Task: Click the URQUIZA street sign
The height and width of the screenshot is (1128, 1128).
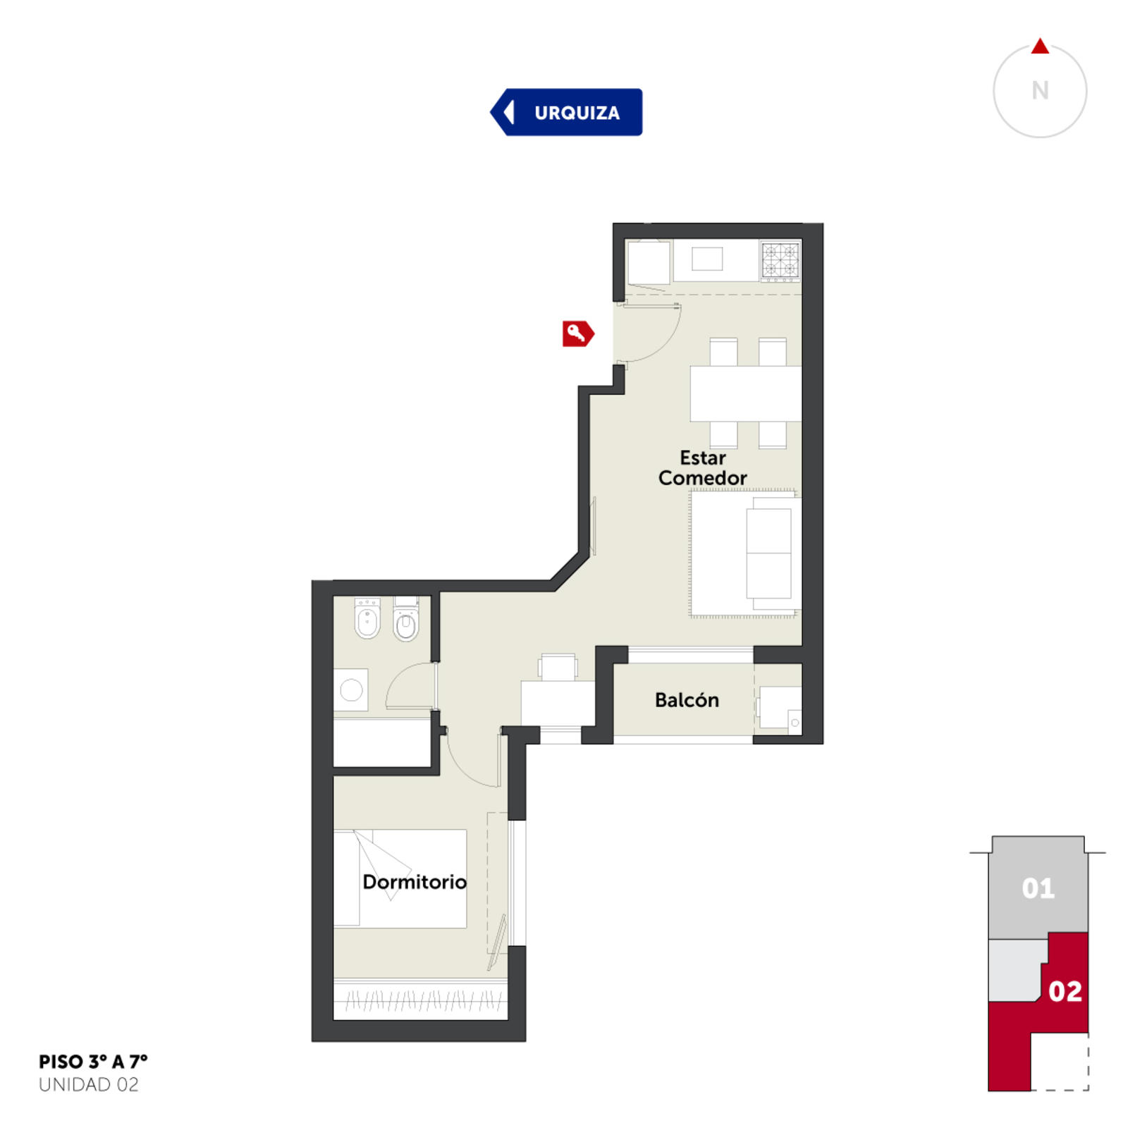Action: pyautogui.click(x=566, y=112)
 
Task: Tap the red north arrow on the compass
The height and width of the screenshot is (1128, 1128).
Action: pyautogui.click(x=1040, y=47)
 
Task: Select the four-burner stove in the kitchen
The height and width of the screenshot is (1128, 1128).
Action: pyautogui.click(x=780, y=259)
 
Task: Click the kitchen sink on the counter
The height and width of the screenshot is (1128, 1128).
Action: pyautogui.click(x=707, y=259)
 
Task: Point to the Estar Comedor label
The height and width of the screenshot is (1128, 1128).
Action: pyautogui.click(x=702, y=467)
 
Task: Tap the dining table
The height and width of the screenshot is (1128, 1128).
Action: pyautogui.click(x=745, y=394)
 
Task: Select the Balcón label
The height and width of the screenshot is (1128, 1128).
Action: pyautogui.click(x=687, y=700)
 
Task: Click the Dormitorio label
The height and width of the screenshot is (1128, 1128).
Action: pyautogui.click(x=415, y=882)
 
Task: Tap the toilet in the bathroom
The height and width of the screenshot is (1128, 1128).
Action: pyautogui.click(x=406, y=618)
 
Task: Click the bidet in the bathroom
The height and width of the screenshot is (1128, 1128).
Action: pyautogui.click(x=367, y=618)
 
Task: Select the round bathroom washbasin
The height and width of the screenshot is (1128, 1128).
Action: pyautogui.click(x=351, y=689)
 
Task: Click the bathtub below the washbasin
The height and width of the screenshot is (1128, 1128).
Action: pyautogui.click(x=382, y=742)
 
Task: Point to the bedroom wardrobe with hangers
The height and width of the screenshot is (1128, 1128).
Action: pyautogui.click(x=420, y=999)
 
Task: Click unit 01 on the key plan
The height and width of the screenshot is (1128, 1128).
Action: pyautogui.click(x=1038, y=888)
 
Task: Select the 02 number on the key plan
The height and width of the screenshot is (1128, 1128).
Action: pyautogui.click(x=1065, y=991)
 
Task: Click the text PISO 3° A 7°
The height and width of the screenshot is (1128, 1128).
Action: pyautogui.click(x=93, y=1062)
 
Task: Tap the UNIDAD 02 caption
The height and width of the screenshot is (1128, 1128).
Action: pyautogui.click(x=89, y=1085)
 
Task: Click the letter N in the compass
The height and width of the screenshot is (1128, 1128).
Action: pyautogui.click(x=1040, y=90)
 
